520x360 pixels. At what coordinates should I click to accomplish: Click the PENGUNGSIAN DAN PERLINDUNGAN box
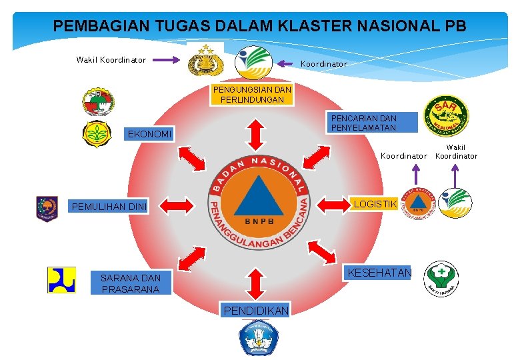pyautogui.click(x=252, y=95)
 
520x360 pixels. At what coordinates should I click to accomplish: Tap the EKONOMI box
pyautogui.click(x=149, y=135)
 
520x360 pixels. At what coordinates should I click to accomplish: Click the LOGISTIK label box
pyautogui.click(x=375, y=204)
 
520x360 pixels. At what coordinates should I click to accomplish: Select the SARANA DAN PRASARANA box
pyautogui.click(x=130, y=283)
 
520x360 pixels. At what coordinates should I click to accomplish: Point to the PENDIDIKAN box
pyautogui.click(x=256, y=311)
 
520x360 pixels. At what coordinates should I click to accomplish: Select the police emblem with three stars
pyautogui.click(x=201, y=61)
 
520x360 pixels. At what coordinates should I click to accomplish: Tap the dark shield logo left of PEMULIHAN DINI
pyautogui.click(x=47, y=207)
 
